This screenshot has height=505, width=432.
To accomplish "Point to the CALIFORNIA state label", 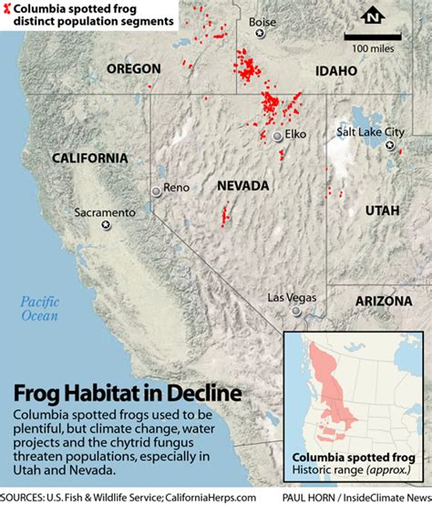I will point(89,158).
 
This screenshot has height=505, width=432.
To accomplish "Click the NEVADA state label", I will point(243,186).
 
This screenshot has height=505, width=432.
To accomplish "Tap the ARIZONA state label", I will point(381,299).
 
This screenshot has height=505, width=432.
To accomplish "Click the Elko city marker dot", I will point(277,137).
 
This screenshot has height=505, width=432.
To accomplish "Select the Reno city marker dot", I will point(156,190).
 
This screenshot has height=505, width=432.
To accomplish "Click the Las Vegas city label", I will point(293,297).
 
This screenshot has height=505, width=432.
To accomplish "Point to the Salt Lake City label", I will point(370,132).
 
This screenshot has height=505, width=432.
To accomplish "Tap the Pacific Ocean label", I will point(40,309).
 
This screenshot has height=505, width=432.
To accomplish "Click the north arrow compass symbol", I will point(372,16).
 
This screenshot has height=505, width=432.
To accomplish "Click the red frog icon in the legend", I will point(8,7).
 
